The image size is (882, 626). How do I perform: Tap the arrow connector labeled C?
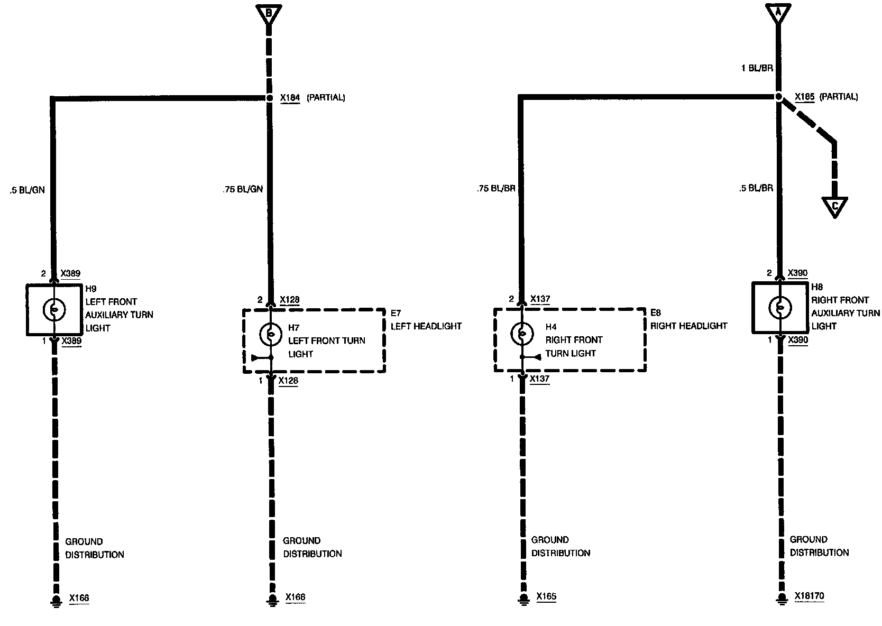click(835, 207)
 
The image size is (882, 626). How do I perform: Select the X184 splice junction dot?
click(269, 98)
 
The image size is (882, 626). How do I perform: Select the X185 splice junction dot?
click(778, 97)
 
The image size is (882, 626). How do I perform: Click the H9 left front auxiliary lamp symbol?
click(54, 309)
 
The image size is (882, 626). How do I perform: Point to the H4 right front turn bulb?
click(521, 333)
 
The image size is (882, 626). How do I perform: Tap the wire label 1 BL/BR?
click(757, 68)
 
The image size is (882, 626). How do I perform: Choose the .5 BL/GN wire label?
click(27, 190)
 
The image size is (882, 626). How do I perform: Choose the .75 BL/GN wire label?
click(243, 189)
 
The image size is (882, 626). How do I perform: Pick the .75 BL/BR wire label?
click(495, 188)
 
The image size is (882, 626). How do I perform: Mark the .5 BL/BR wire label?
click(757, 188)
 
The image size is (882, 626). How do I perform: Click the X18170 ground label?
click(809, 596)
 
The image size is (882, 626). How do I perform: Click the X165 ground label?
click(546, 596)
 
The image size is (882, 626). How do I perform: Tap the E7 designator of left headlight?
click(397, 313)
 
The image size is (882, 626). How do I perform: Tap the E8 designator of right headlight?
click(656, 312)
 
